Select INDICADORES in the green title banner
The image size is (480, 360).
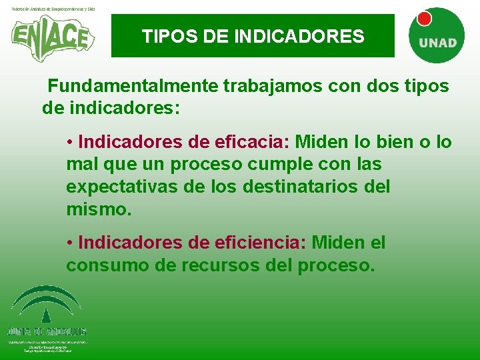pos(299,35)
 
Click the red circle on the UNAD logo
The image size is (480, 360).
pos(423,18)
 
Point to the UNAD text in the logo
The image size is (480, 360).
pos(437,42)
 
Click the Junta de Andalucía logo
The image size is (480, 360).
pos(46,314)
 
